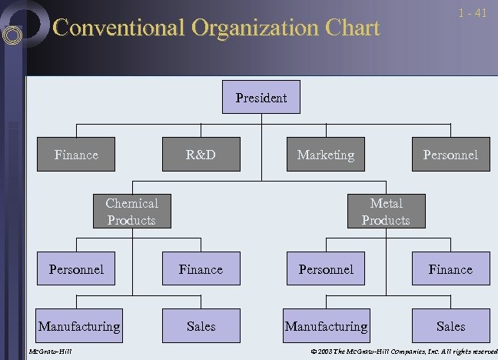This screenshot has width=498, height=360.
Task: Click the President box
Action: point(261,98)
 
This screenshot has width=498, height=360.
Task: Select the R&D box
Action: point(201,155)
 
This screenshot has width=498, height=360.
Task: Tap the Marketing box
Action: point(326,155)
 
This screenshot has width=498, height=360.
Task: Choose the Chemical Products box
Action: point(131,212)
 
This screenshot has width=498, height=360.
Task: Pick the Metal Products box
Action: point(386,212)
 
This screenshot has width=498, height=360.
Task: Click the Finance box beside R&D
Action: point(76,155)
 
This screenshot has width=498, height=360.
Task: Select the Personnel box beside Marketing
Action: point(450,155)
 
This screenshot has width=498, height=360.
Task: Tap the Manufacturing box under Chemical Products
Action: point(79,326)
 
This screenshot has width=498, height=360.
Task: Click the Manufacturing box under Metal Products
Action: point(326,326)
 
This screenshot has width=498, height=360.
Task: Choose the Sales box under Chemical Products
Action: point(201,326)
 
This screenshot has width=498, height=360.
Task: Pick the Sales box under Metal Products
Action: point(450,326)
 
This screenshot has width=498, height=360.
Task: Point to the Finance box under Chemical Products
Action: point(201,269)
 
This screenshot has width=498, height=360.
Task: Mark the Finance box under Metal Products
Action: point(450,269)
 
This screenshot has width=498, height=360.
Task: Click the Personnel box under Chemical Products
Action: point(76,269)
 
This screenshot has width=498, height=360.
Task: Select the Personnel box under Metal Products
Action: point(326,269)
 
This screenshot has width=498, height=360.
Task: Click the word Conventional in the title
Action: point(118,28)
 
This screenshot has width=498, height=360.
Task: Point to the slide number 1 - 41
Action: point(472,13)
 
